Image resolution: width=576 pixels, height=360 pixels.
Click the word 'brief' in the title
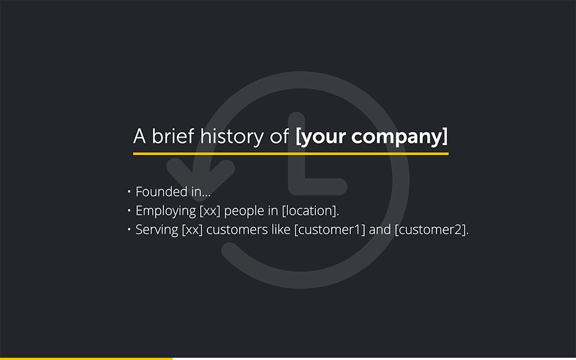pos(173,136)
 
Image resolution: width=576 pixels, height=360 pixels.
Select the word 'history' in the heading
pos(232,137)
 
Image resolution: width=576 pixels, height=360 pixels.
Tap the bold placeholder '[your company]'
pos(372,137)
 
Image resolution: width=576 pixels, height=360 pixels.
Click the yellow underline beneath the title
pos(290,154)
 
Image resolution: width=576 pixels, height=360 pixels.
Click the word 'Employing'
pos(166,211)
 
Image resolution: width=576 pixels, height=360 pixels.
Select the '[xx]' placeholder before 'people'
pos(210,211)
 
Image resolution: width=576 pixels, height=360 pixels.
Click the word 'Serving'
pos(157,230)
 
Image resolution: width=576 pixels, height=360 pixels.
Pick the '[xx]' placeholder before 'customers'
pos(192,230)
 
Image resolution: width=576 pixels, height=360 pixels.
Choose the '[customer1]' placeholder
pos(330,230)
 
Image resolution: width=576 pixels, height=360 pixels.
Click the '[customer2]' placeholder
pos(430,230)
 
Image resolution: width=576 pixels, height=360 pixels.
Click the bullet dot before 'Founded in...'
pos(129,191)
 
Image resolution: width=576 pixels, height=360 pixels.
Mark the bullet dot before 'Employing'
pos(129,210)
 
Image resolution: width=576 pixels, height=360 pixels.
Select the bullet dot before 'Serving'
pos(129,229)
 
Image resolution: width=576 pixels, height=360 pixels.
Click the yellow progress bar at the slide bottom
pos(86,358)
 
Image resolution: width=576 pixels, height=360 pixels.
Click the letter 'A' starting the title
pos(139,136)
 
